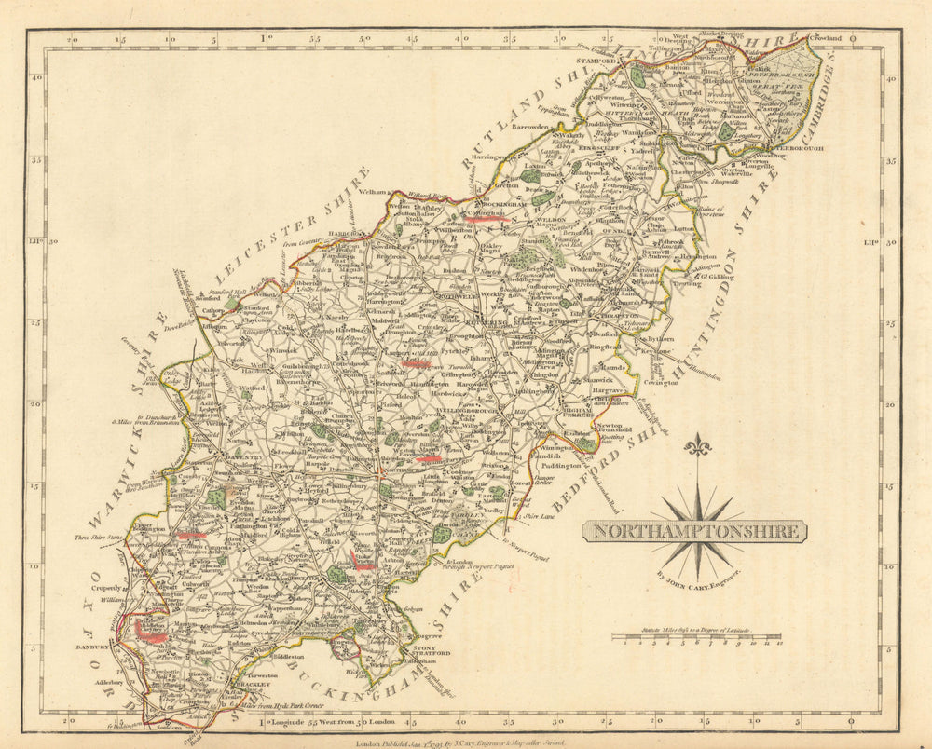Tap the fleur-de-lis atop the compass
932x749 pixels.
pyautogui.click(x=697, y=447)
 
